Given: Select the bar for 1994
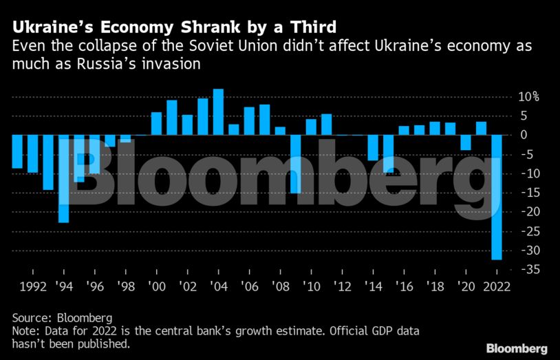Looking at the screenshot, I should point(63,178).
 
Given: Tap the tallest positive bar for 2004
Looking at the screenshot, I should point(218,112).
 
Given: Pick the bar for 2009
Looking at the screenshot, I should point(296,164).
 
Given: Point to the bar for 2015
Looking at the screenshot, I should point(388,153).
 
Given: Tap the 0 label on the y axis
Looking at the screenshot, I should point(524,135).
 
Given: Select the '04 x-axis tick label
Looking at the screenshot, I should point(218,287).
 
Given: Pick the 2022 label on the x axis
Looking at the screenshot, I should point(496,287).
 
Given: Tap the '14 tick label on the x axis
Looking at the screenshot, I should point(374,287).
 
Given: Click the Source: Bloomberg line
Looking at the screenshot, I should point(61,318).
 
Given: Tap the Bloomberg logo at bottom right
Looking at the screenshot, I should point(517,348).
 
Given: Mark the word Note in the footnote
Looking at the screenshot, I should point(25,331).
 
